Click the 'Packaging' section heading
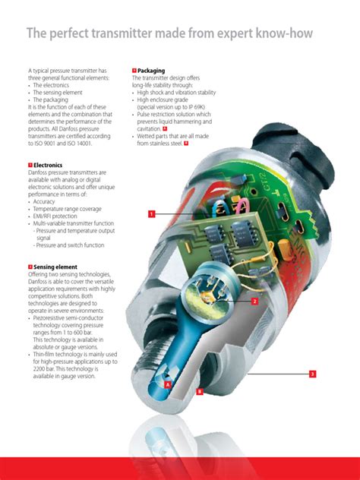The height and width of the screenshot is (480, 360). (150, 71)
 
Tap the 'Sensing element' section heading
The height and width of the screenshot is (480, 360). (52, 267)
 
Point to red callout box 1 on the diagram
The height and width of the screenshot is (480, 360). (152, 214)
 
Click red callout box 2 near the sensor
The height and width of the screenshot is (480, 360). (254, 301)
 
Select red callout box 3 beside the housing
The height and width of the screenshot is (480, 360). (312, 374)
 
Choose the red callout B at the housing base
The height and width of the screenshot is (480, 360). (200, 391)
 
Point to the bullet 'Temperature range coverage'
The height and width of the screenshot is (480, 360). (69, 208)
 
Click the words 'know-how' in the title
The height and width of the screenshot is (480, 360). (280, 34)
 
